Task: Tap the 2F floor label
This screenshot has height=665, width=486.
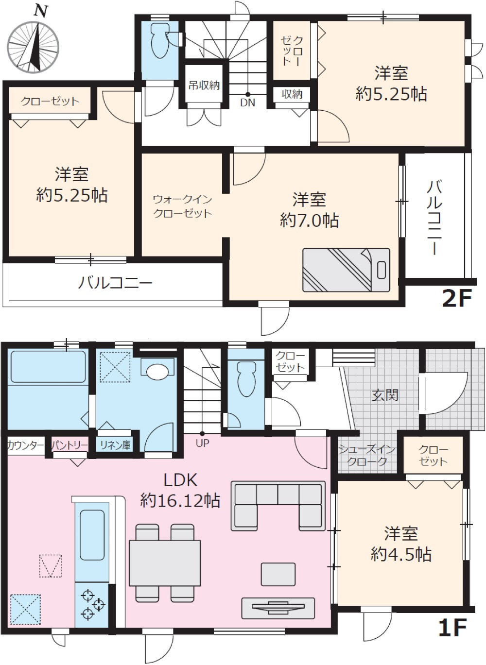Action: [456, 298]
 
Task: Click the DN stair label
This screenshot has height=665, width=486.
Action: [247, 102]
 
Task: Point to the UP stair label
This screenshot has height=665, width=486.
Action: [202, 443]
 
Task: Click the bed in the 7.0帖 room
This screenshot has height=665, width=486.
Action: [346, 270]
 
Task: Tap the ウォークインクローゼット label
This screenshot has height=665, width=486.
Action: [182, 206]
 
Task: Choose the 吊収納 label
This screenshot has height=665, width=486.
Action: [204, 86]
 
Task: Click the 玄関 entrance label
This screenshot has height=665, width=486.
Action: [385, 395]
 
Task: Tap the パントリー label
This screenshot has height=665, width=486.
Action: [69, 445]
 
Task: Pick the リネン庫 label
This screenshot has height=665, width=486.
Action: [115, 445]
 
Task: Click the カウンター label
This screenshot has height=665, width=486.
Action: [26, 445]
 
